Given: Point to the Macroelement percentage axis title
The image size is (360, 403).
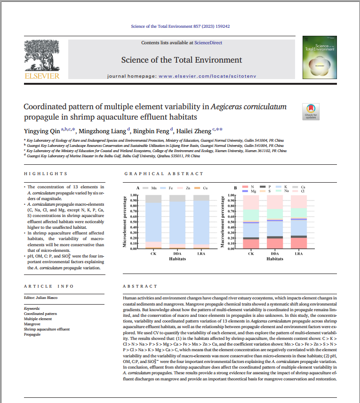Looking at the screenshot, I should (x=224, y=221).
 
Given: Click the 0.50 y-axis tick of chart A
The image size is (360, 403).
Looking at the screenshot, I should (x=133, y=222).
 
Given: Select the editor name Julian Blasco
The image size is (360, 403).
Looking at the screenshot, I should (x=46, y=298).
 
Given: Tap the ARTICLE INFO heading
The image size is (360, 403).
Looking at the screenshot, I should (x=49, y=286).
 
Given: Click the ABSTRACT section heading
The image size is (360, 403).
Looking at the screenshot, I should (x=140, y=286).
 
